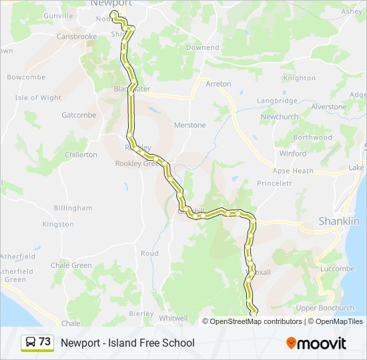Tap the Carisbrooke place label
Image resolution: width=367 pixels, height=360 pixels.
[77, 37]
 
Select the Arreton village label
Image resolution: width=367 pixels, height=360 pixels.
[218, 84]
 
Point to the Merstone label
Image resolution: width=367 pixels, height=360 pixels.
[190, 125]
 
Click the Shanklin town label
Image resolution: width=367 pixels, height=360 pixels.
[339, 221]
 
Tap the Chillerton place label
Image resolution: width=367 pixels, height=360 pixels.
[81, 155]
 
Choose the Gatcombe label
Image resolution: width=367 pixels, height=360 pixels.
[79, 115]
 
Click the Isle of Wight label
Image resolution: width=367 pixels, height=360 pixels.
[38, 98]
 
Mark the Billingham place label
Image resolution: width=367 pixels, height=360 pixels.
[73, 208]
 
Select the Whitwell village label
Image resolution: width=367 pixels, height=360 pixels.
[173, 319]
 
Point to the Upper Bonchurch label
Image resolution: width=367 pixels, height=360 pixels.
[325, 308]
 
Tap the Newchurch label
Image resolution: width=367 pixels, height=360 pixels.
[280, 117]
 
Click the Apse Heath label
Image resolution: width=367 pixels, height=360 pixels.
[294, 171]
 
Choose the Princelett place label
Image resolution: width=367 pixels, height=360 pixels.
[274, 183]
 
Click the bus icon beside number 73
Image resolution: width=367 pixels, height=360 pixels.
[30, 342]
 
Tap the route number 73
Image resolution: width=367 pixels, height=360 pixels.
[45, 341]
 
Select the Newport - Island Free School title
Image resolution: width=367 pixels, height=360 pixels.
[127, 343]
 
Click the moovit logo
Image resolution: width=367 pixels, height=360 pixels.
[316, 343]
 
